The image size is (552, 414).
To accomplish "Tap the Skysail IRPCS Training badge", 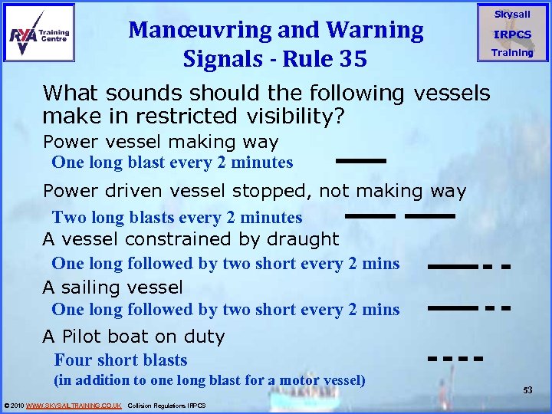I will click(x=512, y=34).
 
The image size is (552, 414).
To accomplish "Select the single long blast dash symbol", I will click(x=360, y=161).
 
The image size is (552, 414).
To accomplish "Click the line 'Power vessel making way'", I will click(x=160, y=142).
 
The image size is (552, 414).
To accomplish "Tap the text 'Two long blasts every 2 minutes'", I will click(x=176, y=218).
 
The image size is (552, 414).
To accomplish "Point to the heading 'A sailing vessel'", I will click(x=113, y=287).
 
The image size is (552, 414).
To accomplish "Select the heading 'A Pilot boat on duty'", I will click(x=133, y=337).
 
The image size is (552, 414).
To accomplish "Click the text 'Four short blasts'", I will click(x=120, y=360).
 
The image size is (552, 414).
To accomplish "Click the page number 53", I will click(x=527, y=390).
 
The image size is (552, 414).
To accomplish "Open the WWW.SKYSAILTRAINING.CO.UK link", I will click(x=74, y=405).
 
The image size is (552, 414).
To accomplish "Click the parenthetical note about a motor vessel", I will click(x=209, y=379).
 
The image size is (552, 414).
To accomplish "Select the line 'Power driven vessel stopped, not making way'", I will click(x=254, y=191).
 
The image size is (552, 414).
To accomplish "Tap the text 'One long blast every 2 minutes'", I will click(x=172, y=163).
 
